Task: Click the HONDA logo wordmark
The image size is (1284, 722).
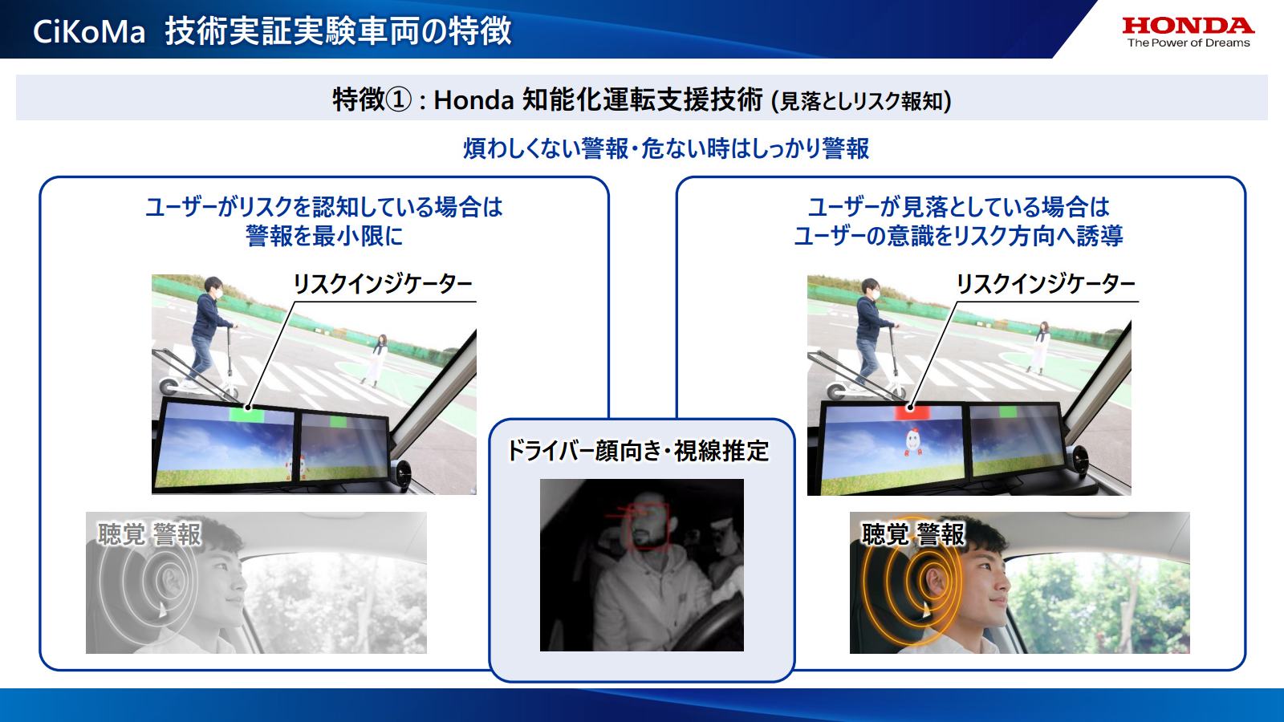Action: (x=1188, y=26)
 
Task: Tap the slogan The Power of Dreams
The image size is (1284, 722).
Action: (x=1189, y=43)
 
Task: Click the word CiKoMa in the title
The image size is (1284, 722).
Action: (x=89, y=31)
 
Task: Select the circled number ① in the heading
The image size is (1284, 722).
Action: (x=398, y=99)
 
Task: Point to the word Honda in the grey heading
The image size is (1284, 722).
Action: (x=473, y=99)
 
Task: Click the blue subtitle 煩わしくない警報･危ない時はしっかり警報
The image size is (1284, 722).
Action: (x=666, y=148)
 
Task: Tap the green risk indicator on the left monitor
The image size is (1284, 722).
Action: (x=246, y=413)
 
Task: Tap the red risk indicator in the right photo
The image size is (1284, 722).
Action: (x=911, y=412)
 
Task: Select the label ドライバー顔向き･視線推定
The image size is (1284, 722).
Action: (x=638, y=451)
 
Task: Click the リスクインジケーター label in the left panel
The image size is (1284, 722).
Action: (x=382, y=284)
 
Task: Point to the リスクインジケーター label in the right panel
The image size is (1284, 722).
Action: (x=1045, y=284)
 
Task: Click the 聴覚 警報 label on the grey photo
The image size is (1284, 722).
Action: (x=150, y=534)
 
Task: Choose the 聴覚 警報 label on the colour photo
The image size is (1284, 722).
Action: (x=914, y=534)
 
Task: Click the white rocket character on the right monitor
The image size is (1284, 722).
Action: (x=912, y=440)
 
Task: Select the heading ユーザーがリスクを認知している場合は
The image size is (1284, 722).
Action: (x=324, y=207)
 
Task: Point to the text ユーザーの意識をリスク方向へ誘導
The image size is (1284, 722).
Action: (x=958, y=236)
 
